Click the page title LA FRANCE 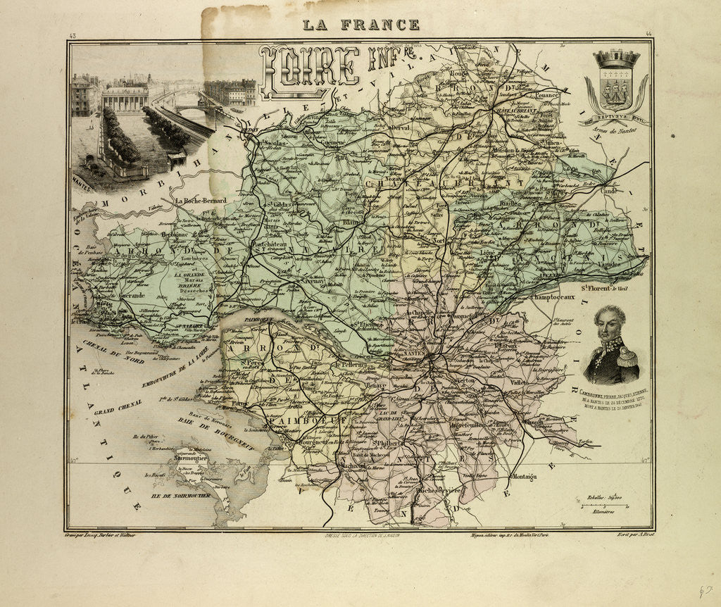click(x=361, y=25)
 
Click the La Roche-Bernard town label click(x=201, y=200)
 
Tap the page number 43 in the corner click(x=73, y=35)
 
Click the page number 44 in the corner click(x=648, y=35)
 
